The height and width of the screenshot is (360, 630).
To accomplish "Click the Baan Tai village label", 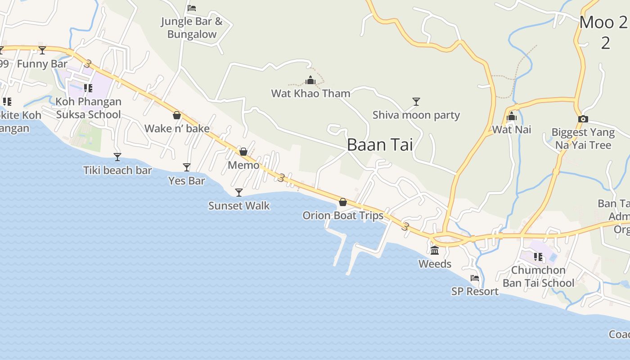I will [x=380, y=145].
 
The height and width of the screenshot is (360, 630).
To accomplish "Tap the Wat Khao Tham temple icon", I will [x=310, y=81].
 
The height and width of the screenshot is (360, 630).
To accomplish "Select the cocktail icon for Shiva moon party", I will [x=416, y=102].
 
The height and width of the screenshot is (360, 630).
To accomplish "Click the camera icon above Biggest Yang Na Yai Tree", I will [x=583, y=119].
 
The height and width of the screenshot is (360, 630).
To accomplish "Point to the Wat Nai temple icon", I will [x=511, y=117].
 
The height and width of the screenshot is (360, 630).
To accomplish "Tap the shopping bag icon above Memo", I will [x=243, y=152].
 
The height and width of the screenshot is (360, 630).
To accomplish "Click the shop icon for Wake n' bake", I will [x=177, y=116].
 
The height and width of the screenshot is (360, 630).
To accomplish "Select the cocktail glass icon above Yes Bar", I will [x=187, y=167].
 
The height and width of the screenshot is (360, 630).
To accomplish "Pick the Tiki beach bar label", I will [x=117, y=171].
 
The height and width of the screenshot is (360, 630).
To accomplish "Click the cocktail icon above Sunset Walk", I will [x=239, y=193].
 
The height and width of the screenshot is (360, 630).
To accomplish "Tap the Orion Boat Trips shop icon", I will [x=343, y=202].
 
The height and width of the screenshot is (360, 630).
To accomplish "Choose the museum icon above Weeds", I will [x=435, y=251].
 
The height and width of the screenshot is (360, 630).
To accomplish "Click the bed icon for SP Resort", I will [x=475, y=278].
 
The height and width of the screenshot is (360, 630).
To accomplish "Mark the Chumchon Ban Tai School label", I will [x=538, y=276].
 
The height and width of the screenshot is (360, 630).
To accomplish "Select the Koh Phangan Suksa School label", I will [x=88, y=108].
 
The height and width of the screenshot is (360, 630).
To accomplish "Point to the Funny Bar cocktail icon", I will [x=42, y=50].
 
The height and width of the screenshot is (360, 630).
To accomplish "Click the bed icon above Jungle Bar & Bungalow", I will [x=192, y=8].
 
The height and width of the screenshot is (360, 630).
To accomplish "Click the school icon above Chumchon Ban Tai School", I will [x=538, y=257].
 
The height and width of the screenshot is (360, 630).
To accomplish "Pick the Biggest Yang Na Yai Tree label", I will [x=583, y=139].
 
